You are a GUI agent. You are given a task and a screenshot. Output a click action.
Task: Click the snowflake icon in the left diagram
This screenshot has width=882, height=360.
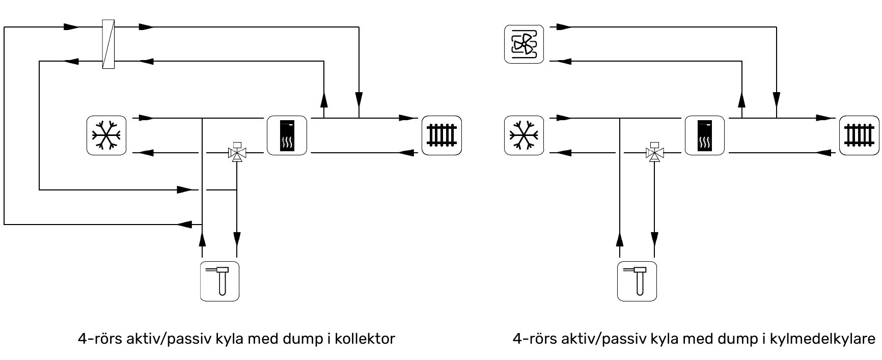106,135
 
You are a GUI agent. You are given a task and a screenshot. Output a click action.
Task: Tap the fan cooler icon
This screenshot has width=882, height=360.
524,44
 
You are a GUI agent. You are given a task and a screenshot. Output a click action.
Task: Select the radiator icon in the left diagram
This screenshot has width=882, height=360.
442,135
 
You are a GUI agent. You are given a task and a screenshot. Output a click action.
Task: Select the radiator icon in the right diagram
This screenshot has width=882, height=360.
859,135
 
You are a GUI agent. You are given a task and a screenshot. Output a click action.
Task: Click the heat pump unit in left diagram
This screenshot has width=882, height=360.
287,135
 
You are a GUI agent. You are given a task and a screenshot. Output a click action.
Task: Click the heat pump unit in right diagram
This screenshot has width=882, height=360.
704,135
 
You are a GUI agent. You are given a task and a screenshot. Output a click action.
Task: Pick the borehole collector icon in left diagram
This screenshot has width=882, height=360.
219,281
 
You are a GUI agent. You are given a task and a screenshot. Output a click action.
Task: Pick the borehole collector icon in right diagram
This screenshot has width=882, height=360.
637,281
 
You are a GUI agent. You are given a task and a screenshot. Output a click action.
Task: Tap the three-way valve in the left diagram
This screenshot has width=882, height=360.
237,152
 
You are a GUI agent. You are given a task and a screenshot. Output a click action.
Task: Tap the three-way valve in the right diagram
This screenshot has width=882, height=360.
654,152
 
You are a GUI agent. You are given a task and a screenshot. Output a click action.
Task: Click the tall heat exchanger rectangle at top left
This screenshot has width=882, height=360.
108,44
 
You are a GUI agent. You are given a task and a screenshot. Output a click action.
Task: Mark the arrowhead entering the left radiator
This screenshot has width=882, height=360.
407,118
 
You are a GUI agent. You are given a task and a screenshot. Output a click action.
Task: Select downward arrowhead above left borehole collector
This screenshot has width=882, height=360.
237,238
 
